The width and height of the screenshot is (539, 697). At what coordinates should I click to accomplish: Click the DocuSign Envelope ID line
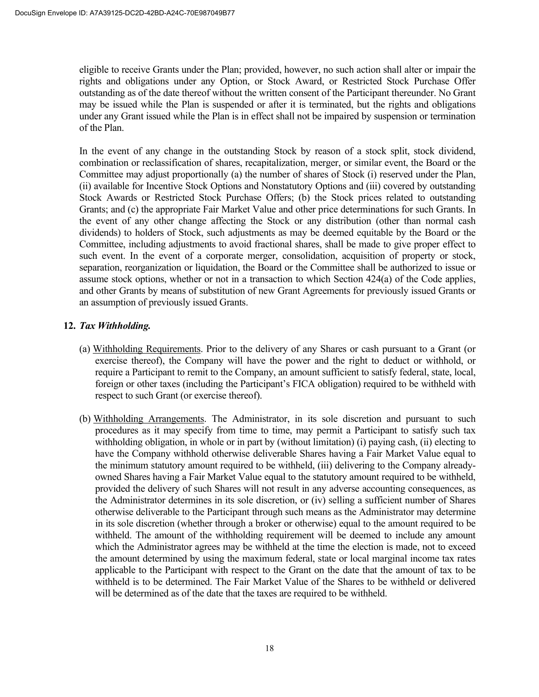(125, 13)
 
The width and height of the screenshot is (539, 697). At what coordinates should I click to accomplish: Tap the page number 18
(269, 648)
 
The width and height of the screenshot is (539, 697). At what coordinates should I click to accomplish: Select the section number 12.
(69, 326)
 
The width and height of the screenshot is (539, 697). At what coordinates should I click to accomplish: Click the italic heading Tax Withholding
(115, 326)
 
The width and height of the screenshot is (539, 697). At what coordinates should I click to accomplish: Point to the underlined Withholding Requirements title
(147, 349)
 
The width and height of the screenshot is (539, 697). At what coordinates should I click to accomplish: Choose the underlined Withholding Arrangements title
(149, 419)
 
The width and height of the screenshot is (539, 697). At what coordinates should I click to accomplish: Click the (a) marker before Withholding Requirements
(85, 349)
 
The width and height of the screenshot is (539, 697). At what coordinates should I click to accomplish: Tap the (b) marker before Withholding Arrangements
(85, 419)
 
